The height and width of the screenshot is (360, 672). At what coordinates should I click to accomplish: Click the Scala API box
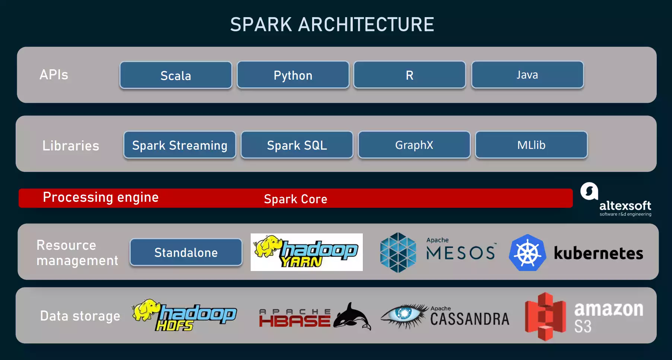click(176, 75)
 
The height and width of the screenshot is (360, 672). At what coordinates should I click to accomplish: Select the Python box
click(293, 75)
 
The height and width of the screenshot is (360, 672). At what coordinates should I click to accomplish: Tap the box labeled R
click(409, 75)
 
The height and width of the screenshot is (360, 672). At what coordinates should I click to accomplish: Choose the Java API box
click(527, 75)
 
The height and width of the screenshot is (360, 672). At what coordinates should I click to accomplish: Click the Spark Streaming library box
click(180, 145)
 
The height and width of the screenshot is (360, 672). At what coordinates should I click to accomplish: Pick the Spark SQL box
click(297, 145)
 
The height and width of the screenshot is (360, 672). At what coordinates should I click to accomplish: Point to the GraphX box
click(414, 145)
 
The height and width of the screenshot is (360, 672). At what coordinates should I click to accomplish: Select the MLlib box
click(531, 145)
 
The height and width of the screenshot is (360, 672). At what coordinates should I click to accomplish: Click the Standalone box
click(186, 252)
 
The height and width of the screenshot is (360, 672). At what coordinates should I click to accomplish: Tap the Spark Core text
click(295, 199)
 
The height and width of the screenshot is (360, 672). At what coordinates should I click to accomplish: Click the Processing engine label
click(101, 197)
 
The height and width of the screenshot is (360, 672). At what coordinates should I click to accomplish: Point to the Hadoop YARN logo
click(307, 252)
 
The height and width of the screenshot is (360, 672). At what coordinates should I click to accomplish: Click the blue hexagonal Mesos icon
click(398, 252)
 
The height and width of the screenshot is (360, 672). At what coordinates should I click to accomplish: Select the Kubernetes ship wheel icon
click(527, 253)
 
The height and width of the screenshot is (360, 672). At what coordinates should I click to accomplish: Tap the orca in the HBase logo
click(352, 317)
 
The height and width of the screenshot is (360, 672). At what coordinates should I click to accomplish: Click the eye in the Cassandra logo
click(404, 313)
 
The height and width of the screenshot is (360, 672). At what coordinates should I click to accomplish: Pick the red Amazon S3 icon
click(545, 316)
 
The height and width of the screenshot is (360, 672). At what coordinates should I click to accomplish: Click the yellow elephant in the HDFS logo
click(146, 309)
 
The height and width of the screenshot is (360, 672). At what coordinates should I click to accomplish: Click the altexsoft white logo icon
click(589, 191)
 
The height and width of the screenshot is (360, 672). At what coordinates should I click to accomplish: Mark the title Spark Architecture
click(332, 25)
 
